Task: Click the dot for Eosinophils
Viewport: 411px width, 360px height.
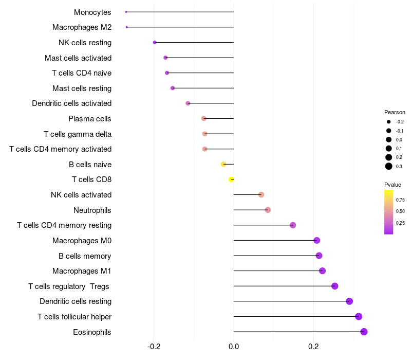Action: (x=364, y=332)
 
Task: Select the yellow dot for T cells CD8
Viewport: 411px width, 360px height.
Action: (x=232, y=179)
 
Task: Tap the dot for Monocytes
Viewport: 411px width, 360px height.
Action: (x=126, y=12)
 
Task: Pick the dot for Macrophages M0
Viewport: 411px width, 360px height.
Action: (x=316, y=241)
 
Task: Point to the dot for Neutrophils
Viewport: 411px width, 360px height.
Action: (x=268, y=210)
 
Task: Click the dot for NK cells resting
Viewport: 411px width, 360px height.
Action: (x=155, y=42)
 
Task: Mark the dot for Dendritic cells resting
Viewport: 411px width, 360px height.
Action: (x=349, y=301)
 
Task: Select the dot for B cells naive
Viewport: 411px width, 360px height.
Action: (x=223, y=164)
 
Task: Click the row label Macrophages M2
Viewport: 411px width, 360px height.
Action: (x=82, y=27)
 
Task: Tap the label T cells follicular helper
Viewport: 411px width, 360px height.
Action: (x=74, y=317)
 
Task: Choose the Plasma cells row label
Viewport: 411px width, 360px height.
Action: (x=90, y=119)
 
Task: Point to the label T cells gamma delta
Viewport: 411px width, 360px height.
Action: (x=78, y=134)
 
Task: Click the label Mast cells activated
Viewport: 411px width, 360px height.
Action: (x=78, y=58)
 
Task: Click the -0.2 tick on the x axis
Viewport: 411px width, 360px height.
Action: (x=154, y=347)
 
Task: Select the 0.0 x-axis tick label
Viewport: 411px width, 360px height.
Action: (x=234, y=347)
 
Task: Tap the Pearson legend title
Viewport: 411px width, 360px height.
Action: (x=395, y=112)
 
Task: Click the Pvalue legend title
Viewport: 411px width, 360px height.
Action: (x=393, y=185)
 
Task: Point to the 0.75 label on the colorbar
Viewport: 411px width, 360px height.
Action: (x=401, y=200)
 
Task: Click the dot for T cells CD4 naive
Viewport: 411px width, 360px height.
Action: (x=167, y=73)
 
